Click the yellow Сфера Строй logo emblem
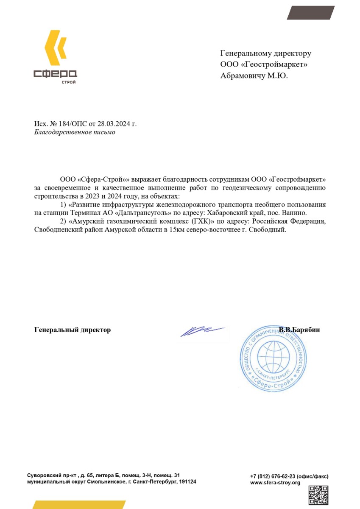(55, 45)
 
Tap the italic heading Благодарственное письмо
(74, 132)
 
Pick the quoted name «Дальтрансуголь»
(140, 212)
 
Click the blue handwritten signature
(201, 331)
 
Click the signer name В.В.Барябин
(299, 330)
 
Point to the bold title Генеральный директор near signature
(72, 330)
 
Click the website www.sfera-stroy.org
(275, 483)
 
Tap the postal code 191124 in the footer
(187, 482)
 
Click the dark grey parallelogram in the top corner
(311, 13)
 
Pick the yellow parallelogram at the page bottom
(78, 504)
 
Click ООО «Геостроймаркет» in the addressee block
(264, 64)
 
